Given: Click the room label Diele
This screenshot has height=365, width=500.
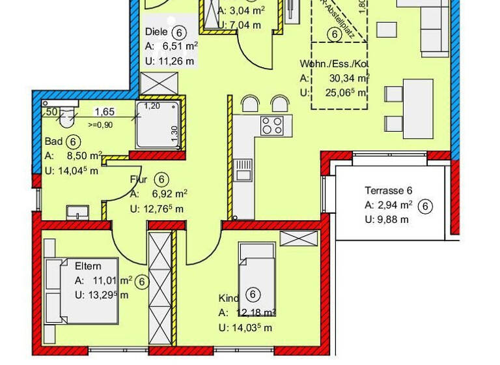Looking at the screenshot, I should tap(156, 32).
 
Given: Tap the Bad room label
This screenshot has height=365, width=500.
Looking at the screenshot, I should tap(53, 141).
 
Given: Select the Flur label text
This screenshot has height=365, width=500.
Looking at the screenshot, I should tap(139, 179).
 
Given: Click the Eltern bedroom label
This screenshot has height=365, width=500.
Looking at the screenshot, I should tap(88, 267).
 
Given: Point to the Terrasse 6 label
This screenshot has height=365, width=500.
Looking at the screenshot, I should tap(389, 191).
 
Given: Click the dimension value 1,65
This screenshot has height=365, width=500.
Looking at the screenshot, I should tap(104, 112).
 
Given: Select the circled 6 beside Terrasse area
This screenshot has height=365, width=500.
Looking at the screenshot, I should tap(425, 206).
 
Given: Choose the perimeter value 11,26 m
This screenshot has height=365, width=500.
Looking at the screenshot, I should tap(171, 61).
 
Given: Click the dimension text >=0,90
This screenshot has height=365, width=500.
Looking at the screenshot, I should tap(100, 124).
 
